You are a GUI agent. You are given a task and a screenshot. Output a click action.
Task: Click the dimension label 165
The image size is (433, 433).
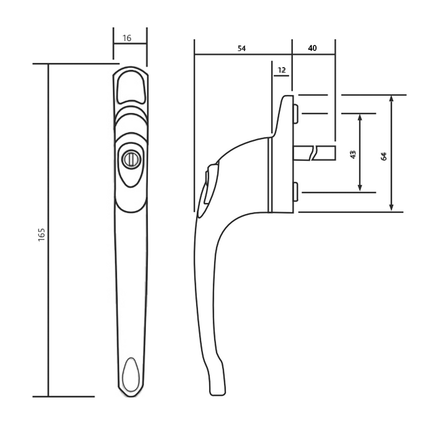tap(42, 234)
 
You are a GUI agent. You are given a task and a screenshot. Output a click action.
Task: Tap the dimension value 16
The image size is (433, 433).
tap(127, 38)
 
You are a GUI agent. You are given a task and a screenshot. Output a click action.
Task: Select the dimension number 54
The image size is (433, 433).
tap(241, 48)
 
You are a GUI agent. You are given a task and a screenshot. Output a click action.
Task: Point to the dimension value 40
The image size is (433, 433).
tap(312, 48)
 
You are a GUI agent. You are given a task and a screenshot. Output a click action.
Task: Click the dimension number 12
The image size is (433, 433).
tap(281, 70)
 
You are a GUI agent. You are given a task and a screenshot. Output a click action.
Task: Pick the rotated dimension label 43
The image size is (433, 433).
tap(353, 154)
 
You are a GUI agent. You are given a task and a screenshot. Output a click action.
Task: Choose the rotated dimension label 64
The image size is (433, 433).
tap(384, 156)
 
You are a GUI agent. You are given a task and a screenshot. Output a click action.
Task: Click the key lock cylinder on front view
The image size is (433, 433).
tap(130, 159)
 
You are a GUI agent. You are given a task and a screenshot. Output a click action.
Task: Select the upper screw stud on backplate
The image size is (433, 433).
tap(294, 114)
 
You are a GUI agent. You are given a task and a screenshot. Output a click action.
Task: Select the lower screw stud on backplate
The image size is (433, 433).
tap(294, 192)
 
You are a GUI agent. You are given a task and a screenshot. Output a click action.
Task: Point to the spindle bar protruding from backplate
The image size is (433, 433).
tap(314, 153)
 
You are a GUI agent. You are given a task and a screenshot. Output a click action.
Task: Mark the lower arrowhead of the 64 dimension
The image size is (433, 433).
tap(391, 208)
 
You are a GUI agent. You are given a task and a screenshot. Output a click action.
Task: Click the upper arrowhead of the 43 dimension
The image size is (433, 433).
tap(360, 117)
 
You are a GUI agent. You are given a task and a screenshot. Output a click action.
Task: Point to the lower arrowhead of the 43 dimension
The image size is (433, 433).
tap(360, 188)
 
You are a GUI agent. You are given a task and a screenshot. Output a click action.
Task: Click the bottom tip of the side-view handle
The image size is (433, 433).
tap(216, 393)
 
